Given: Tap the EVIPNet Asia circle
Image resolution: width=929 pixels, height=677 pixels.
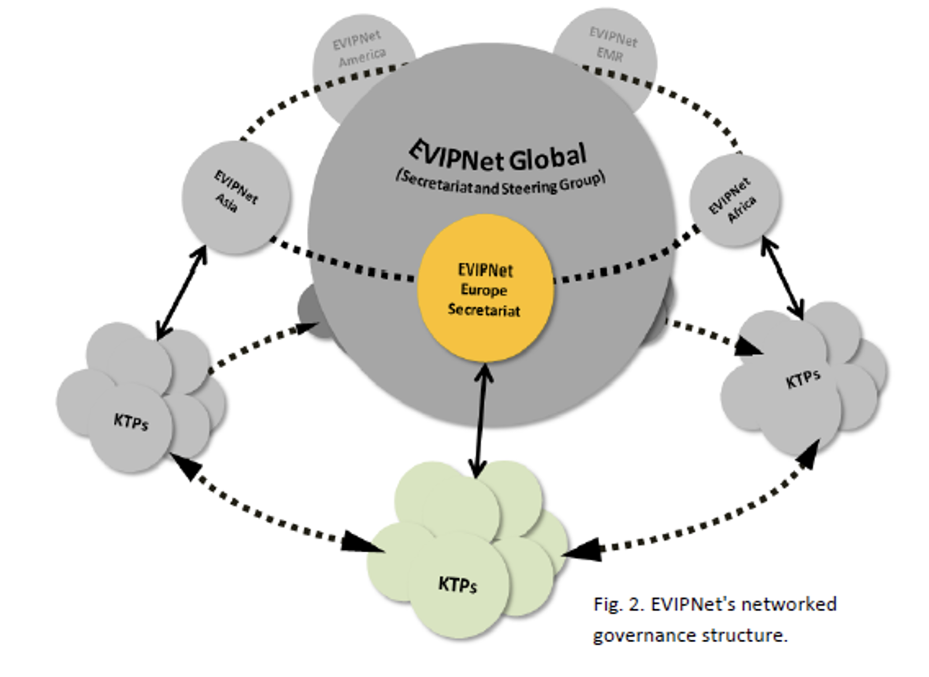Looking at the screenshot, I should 236,197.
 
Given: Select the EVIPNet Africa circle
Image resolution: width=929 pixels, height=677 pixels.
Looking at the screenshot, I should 734,199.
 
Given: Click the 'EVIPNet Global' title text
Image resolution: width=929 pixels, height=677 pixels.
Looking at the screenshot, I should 498,156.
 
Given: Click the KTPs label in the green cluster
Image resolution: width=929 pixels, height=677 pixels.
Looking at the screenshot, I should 457,585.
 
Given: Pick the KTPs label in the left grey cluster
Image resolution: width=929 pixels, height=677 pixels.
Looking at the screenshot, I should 131,422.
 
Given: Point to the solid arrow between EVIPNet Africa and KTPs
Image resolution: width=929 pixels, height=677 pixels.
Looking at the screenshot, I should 782,278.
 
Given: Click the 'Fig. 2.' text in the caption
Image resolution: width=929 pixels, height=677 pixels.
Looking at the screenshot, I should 619,604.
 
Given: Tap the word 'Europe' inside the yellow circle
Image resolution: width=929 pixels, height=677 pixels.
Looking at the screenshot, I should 483,290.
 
